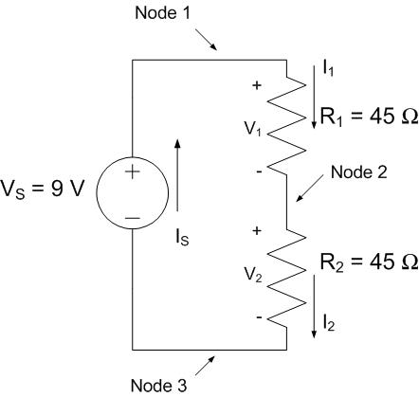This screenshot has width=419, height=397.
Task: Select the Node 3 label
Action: click(155, 386)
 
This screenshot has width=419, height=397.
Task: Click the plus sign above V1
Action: click(255, 85)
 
